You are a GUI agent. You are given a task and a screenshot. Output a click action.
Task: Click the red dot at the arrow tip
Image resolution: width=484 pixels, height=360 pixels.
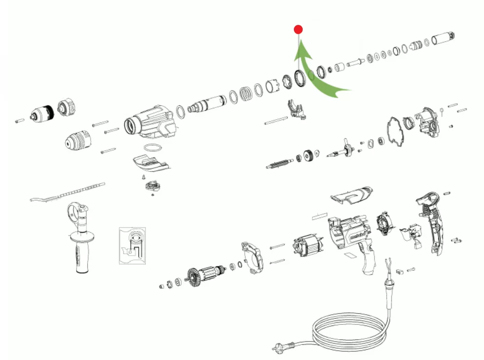pyautogui.click(x=298, y=30)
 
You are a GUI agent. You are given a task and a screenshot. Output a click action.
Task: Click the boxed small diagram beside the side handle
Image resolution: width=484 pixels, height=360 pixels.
pyautogui.click(x=132, y=244)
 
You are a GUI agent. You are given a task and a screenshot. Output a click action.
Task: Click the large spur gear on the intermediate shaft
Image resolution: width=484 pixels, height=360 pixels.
pyautogui.click(x=308, y=157)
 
